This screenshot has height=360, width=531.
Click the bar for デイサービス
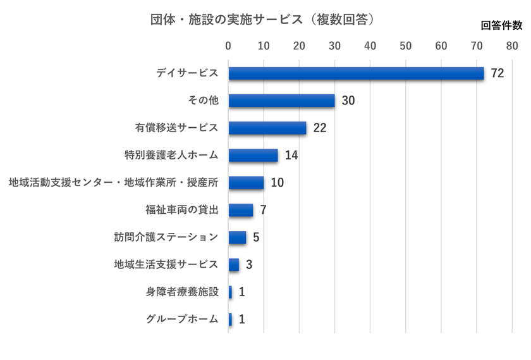click(x=356, y=73)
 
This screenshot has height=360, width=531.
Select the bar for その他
click(x=281, y=101)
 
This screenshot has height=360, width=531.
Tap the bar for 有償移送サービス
click(x=267, y=128)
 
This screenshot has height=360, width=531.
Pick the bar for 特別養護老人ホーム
click(x=253, y=155)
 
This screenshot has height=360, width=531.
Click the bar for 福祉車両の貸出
click(x=241, y=210)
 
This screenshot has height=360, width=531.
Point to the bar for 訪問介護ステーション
click(x=237, y=237)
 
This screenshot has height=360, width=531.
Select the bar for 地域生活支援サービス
click(x=234, y=264)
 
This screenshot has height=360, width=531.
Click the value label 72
click(x=497, y=73)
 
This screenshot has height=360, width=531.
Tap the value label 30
click(x=348, y=101)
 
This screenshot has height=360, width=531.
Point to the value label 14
click(x=291, y=155)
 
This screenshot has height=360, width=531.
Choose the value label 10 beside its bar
click(x=278, y=183)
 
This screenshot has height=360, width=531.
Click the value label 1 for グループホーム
click(x=241, y=320)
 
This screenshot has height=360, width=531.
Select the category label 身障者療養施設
click(x=182, y=292)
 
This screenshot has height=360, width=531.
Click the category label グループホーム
click(x=182, y=319)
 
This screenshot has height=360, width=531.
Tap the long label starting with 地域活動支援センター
click(x=114, y=183)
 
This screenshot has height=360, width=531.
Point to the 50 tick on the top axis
click(x=406, y=46)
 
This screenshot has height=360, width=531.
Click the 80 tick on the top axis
click(x=511, y=46)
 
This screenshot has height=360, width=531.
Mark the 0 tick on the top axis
click(x=228, y=46)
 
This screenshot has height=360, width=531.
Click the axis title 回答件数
click(x=501, y=26)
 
